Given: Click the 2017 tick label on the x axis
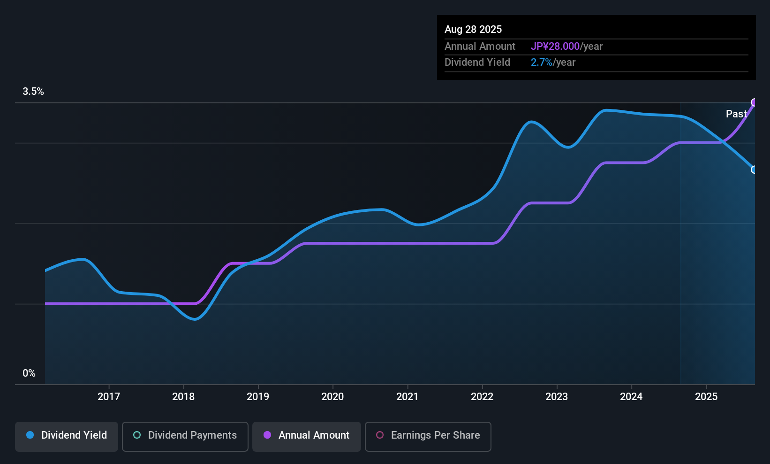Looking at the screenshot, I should click(x=109, y=396).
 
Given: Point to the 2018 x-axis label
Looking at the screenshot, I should click(x=183, y=396).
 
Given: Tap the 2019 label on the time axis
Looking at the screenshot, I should click(x=258, y=396).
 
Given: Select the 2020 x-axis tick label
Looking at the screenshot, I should click(x=332, y=396).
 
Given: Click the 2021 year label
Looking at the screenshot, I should click(x=407, y=396).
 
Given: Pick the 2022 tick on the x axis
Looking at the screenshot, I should click(x=482, y=396).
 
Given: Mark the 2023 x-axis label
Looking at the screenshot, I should click(x=557, y=396).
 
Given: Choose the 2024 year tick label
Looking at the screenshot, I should click(x=631, y=396).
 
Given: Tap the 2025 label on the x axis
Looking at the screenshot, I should click(x=706, y=396).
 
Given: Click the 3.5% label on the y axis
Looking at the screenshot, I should click(x=33, y=92).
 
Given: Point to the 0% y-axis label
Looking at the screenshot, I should click(x=29, y=373).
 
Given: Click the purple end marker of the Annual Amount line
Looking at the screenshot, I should click(x=754, y=102).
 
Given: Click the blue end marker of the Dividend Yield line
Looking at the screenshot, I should click(x=754, y=170).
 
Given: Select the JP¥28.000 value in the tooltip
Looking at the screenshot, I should click(x=555, y=46).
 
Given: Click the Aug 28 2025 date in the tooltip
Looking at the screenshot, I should click(x=473, y=30).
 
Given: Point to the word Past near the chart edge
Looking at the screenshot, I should click(x=736, y=114).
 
